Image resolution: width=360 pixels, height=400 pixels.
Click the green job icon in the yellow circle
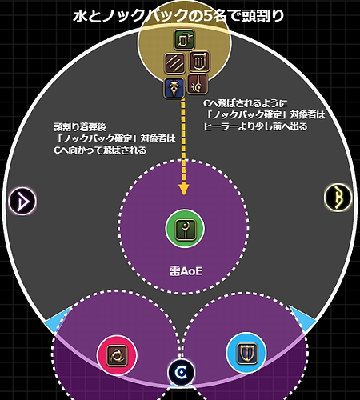[184, 40]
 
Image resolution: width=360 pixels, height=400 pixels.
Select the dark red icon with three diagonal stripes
[175, 63]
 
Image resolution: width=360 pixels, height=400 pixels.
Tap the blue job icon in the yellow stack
[174, 88]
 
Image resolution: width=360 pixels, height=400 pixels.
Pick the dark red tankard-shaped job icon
[200, 61]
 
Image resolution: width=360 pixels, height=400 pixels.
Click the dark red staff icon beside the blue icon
[198, 84]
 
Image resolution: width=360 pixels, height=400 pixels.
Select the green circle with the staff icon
[185, 229]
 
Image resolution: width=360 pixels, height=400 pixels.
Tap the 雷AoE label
[186, 271]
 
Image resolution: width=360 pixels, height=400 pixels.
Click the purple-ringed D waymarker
[22, 201]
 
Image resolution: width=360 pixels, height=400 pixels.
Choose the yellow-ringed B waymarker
[338, 198]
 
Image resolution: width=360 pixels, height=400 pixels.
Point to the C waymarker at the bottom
[181, 372]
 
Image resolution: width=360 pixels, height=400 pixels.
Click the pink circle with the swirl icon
[117, 355]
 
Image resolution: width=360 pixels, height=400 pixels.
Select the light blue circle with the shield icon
[246, 354]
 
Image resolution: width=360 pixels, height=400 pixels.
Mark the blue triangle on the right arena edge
[302, 318]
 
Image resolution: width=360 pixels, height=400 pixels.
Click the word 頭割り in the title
[262, 17]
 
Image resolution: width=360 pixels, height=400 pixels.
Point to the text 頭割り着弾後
[80, 127]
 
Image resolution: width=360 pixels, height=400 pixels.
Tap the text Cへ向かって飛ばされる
[100, 150]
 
